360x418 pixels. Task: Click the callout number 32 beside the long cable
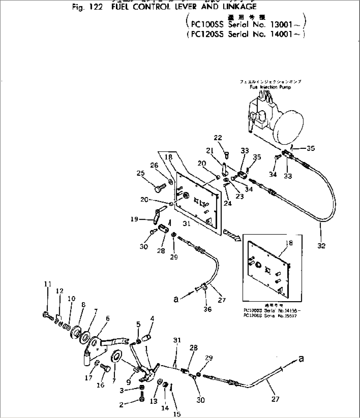pos(321,245)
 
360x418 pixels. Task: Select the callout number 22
pos(218,138)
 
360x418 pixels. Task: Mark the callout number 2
pos(121,405)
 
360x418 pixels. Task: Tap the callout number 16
pos(100,385)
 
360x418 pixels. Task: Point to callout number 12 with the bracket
pos(59,291)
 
